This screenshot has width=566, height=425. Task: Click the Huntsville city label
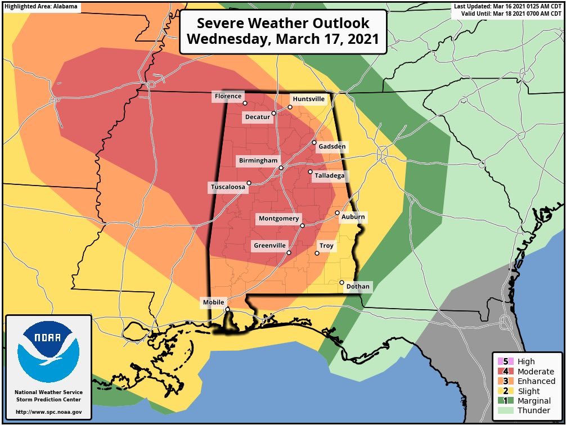click(x=308, y=99)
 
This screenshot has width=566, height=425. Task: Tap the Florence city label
click(x=228, y=97)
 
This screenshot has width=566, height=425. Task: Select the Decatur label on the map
click(x=257, y=117)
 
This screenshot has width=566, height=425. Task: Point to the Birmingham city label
click(x=258, y=161)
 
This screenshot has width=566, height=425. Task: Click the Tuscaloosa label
click(x=228, y=187)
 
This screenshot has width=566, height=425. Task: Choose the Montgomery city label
click(x=279, y=219)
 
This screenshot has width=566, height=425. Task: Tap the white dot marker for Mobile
click(x=227, y=309)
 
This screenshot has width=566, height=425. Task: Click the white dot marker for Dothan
click(x=342, y=282)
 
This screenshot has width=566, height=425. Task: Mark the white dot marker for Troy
click(x=317, y=253)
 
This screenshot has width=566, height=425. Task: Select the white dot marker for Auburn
click(x=337, y=213)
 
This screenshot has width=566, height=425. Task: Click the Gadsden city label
click(x=332, y=147)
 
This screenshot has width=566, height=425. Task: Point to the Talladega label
click(x=329, y=176)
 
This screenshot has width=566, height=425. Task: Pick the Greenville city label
click(x=269, y=246)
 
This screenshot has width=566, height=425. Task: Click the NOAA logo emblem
click(x=48, y=352)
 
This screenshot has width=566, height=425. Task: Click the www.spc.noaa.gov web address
click(x=48, y=412)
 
